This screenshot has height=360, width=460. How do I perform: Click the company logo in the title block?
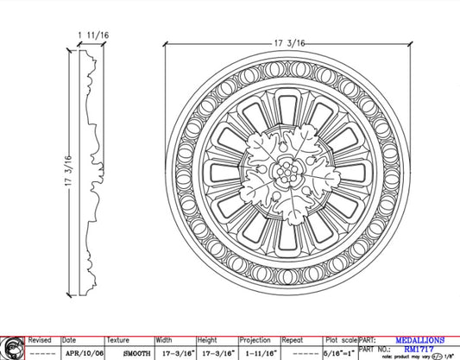(x=12, y=347)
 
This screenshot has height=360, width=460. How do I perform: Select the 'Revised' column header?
(x=41, y=340)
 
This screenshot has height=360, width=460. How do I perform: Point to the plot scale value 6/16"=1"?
(x=337, y=353)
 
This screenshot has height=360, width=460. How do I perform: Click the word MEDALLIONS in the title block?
(x=419, y=340)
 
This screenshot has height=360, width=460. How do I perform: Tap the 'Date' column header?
(x=69, y=340)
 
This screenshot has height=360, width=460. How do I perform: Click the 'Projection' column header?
(x=255, y=340)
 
